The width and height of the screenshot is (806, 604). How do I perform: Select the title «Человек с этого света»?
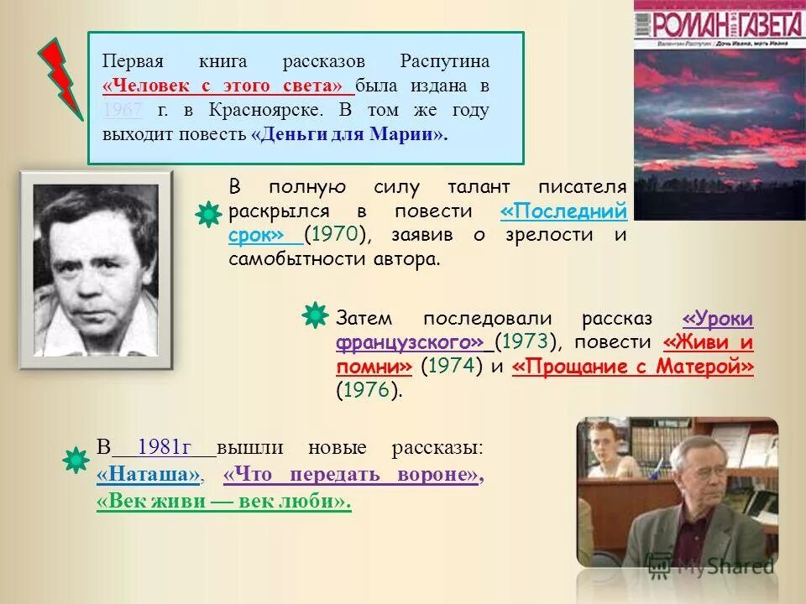pos(223,86)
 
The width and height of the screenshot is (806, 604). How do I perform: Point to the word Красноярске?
pos(275,111)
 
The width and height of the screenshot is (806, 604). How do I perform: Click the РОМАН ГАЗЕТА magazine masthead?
pos(719,22)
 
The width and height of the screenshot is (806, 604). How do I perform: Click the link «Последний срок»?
pos(563,211)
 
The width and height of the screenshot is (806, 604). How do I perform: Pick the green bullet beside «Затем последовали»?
pos(314,315)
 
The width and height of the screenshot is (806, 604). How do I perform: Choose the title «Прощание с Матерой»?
pos(632,367)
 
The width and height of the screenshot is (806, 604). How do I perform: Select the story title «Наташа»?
pos(149,475)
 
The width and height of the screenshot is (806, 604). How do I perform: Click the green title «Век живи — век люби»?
pos(223,502)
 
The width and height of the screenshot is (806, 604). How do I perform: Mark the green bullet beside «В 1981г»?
pos(76,459)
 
